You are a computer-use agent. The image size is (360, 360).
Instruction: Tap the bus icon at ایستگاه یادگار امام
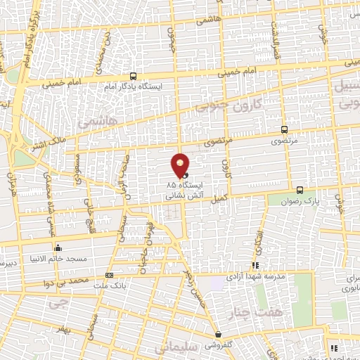click(x=133, y=77)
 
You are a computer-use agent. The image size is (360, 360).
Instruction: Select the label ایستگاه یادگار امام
click(x=133, y=86)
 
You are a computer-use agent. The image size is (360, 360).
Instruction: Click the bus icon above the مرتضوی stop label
click(x=284, y=129)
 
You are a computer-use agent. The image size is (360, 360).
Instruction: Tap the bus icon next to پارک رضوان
click(x=300, y=190)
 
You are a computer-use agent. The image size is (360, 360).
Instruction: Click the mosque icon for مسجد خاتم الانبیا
click(x=58, y=247)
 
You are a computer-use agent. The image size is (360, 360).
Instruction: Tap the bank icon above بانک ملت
click(x=109, y=275)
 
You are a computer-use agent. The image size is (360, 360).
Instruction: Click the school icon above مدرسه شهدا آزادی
click(x=255, y=266)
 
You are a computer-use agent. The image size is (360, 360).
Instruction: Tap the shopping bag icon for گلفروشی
click(x=219, y=335)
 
